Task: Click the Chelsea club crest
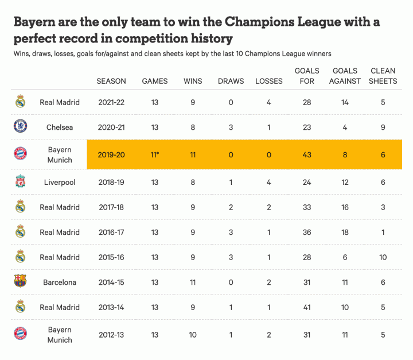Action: pyautogui.click(x=20, y=127)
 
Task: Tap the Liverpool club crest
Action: pyautogui.click(x=20, y=183)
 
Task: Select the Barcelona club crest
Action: pyautogui.click(x=20, y=282)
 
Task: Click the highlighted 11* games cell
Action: pyautogui.click(x=155, y=155)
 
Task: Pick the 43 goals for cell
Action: pyautogui.click(x=307, y=155)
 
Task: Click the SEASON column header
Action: pyautogui.click(x=111, y=81)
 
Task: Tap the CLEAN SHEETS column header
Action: pyautogui.click(x=383, y=76)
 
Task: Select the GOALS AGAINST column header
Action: pyautogui.click(x=345, y=76)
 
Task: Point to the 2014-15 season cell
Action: pyautogui.click(x=111, y=282)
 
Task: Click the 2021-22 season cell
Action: pyautogui.click(x=111, y=102)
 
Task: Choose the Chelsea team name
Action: pyautogui.click(x=60, y=127)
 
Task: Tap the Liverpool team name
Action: pyautogui.click(x=60, y=183)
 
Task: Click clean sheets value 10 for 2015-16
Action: pyautogui.click(x=383, y=257)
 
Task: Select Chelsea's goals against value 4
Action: pyautogui.click(x=345, y=127)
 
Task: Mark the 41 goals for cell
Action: pyautogui.click(x=307, y=307)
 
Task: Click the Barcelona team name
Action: pyautogui.click(x=60, y=282)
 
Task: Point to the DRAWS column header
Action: pyautogui.click(x=231, y=81)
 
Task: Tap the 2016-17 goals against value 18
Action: pyautogui.click(x=345, y=232)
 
